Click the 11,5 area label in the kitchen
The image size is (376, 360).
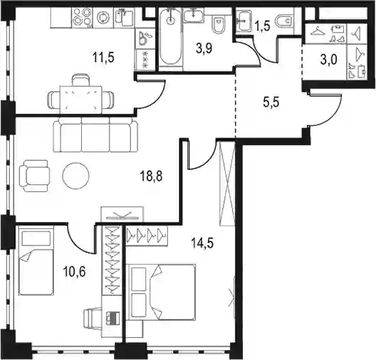(x=103, y=58)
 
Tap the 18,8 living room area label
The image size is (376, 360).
(x=151, y=176)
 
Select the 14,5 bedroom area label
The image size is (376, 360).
(x=202, y=243)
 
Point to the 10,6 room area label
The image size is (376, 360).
(x=74, y=272)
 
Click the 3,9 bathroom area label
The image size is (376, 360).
(x=204, y=48)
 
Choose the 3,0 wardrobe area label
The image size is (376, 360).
(x=328, y=60)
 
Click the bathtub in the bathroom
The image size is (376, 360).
(x=170, y=36)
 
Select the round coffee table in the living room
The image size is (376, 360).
(x=75, y=176)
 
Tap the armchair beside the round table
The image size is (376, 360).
(x=34, y=176)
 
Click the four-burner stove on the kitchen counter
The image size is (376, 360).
(x=82, y=17)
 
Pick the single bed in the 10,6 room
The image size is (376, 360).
(x=36, y=262)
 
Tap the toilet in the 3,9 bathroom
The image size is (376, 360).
(x=219, y=24)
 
